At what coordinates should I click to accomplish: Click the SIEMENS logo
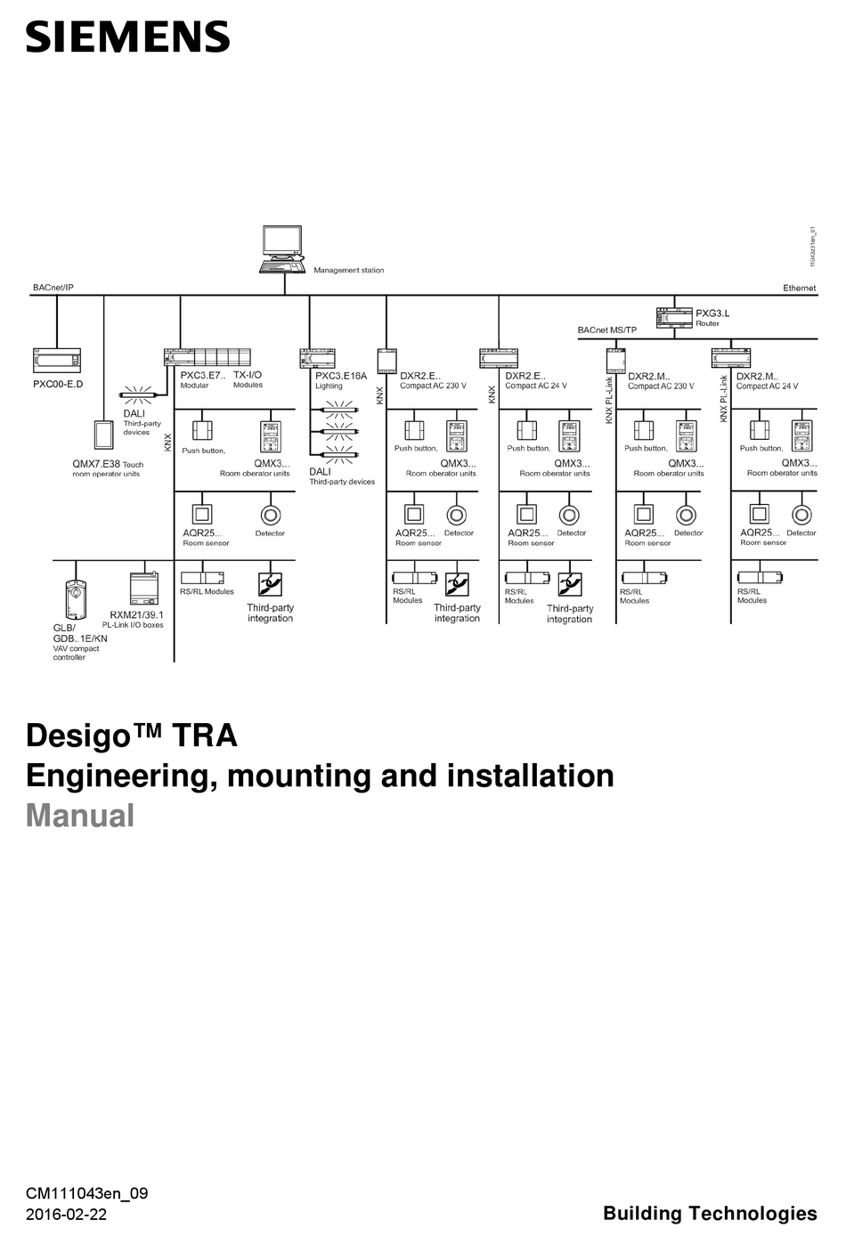[x=127, y=37]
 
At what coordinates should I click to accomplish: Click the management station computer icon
[x=283, y=248]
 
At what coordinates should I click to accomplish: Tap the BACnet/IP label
[x=53, y=288]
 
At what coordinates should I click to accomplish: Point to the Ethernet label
[x=799, y=288]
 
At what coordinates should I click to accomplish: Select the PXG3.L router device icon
[x=673, y=318]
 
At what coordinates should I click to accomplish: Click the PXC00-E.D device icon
[x=57, y=362]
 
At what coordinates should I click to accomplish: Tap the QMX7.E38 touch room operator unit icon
[x=104, y=435]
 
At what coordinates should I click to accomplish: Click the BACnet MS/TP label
[x=606, y=330]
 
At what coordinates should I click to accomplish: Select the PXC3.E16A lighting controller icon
[x=316, y=358]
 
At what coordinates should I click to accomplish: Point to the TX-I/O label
[x=248, y=375]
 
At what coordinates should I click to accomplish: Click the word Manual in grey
[x=80, y=816]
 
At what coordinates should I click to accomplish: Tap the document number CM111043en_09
[x=86, y=1193]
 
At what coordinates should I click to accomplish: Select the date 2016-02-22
[x=66, y=1215]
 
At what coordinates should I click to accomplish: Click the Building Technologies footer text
[x=710, y=1213]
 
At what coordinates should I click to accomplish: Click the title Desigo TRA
[x=132, y=736]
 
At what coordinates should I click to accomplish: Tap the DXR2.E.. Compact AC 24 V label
[x=535, y=380]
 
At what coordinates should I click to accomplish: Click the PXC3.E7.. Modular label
[x=202, y=380]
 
